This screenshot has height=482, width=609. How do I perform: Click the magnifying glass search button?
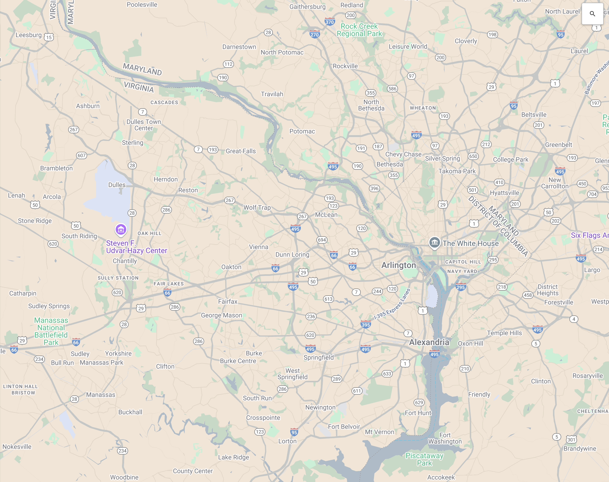592,13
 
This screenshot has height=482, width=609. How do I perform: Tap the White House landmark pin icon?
434,242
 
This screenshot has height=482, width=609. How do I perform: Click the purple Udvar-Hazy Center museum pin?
121,229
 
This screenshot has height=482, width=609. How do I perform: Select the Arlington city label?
398,265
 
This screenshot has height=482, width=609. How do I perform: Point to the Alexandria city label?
429,342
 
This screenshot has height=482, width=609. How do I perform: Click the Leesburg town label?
29,35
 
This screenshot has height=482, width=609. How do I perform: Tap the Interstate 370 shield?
330,22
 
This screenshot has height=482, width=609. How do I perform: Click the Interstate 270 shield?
315,34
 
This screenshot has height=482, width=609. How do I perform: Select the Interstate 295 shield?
461,287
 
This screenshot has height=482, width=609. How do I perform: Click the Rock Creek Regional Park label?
359,30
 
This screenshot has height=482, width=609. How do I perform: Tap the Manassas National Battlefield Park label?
51,331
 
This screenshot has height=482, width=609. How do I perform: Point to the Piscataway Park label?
424,459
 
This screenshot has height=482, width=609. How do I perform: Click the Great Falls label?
241,151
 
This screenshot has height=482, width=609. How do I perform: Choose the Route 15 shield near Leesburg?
49,37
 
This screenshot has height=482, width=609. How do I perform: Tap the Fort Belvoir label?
344,427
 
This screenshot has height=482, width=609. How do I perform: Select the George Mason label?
221,315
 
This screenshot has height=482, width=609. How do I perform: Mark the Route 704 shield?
592,194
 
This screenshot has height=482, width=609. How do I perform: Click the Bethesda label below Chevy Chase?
390,164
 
